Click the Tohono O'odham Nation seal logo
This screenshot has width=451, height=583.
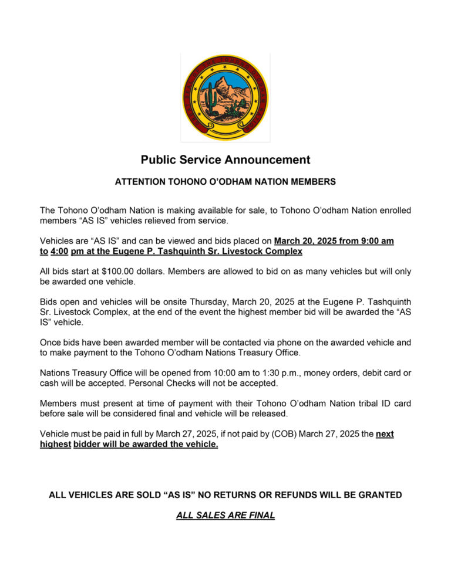click(x=225, y=97)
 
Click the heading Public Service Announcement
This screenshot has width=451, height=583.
click(x=225, y=160)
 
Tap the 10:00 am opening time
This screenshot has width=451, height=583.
click(x=192, y=373)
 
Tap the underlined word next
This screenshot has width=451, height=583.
click(x=384, y=434)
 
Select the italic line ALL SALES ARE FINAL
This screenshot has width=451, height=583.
click(x=225, y=516)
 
